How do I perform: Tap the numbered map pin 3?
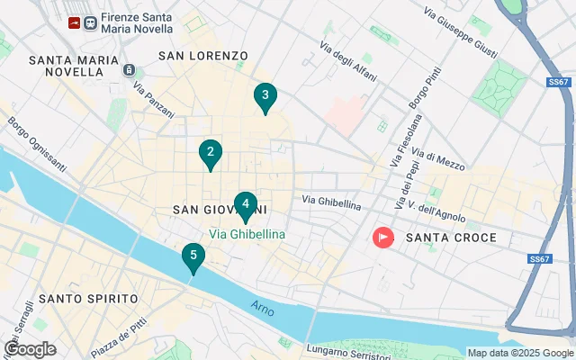coord(265,96)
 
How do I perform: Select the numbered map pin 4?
coord(245,205)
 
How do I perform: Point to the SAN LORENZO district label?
coord(202,56)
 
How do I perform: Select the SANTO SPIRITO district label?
coord(88,298)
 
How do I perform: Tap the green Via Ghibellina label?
coord(247,234)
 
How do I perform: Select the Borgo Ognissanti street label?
coord(37,144)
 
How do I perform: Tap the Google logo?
coord(30,349)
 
